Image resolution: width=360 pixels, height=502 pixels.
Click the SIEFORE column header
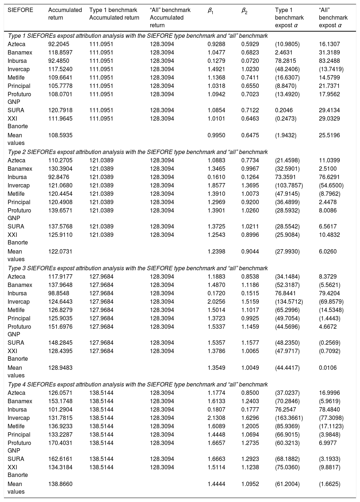20,10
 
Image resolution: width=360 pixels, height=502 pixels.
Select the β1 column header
210,11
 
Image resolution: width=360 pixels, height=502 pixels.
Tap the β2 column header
245,11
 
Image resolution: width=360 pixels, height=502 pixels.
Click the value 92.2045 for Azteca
58,44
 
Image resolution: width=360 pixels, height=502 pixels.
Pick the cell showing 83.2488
330,61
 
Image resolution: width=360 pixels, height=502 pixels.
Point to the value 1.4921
216,69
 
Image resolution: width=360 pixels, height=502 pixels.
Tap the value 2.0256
216,302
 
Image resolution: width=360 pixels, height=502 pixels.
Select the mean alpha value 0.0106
328,368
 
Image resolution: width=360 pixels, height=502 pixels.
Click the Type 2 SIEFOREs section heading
138,152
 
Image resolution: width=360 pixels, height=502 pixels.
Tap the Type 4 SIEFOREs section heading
138,385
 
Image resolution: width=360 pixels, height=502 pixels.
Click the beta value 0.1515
250,293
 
